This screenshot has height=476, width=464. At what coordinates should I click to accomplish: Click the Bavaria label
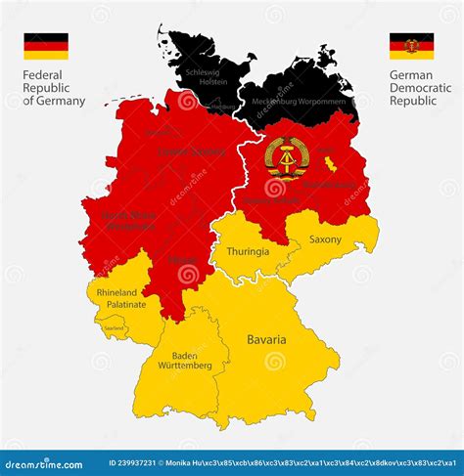(266, 339)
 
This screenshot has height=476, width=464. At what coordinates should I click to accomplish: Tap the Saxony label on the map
(325, 239)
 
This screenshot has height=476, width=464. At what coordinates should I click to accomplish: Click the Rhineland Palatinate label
(120, 298)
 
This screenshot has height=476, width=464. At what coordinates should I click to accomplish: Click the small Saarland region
(114, 328)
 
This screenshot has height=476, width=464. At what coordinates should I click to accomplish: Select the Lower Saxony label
(191, 151)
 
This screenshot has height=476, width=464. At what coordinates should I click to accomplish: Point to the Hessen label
(182, 260)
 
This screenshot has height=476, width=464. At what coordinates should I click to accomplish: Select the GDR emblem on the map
(286, 156)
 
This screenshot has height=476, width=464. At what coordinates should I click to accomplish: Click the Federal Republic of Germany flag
(46, 46)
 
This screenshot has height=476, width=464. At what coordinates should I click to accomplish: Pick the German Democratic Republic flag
(411, 46)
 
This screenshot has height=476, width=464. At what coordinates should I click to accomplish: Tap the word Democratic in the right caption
(421, 87)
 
